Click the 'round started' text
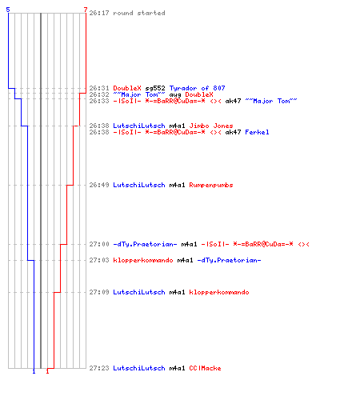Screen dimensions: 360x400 pyautogui.click(x=139, y=13)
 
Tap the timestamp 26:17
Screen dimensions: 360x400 pyautogui.click(x=99, y=13)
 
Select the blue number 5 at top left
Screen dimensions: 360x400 pyautogui.click(x=8, y=10)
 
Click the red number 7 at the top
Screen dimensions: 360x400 pyautogui.click(x=86, y=10)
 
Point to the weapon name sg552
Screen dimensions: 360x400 pyautogui.click(x=155, y=88)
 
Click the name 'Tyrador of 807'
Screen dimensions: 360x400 pyautogui.click(x=197, y=88)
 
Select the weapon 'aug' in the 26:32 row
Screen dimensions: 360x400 pyautogui.click(x=175, y=95)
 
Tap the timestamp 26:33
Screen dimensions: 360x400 pyautogui.click(x=99, y=101)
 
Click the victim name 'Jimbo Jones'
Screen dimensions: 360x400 pyautogui.click(x=211, y=126)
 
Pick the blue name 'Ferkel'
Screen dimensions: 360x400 pyautogui.click(x=257, y=132)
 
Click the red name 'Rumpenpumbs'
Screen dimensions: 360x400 pyautogui.click(x=211, y=185)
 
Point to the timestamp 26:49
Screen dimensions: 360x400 pyautogui.click(x=99, y=185)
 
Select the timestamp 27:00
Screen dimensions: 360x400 pyautogui.click(x=99, y=244)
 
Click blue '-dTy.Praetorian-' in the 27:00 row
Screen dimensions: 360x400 pyautogui.click(x=145, y=244)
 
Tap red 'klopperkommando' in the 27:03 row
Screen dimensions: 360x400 pyautogui.click(x=143, y=260)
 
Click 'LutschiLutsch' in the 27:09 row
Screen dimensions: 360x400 pyautogui.click(x=139, y=292)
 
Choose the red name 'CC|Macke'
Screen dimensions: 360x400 pyautogui.click(x=205, y=368)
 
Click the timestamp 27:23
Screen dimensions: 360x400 pyautogui.click(x=99, y=368)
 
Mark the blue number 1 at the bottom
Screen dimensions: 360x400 pyautogui.click(x=34, y=371)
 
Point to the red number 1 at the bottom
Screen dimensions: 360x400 pyautogui.click(x=47, y=371)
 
